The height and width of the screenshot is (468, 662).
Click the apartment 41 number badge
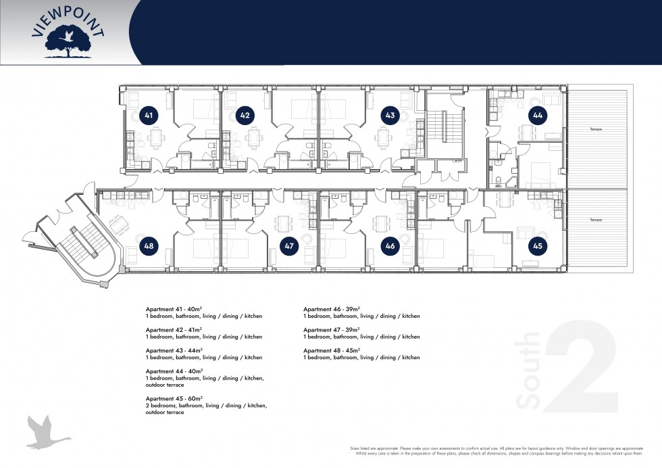click(149, 116)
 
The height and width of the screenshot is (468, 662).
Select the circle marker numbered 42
click(245, 116)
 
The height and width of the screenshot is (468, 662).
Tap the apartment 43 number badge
click(390, 116)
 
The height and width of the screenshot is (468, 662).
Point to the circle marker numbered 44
click(537, 116)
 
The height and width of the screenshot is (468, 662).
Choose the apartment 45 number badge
click(537, 246)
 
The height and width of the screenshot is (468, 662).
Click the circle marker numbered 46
click(390, 246)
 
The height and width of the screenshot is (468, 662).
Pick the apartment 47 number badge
click(289, 246)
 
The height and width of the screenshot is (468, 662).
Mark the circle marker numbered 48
click(149, 246)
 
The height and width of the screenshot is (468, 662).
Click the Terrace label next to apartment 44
click(595, 129)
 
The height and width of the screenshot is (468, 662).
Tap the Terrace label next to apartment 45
click(595, 220)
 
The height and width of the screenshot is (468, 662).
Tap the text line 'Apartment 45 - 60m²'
click(174, 398)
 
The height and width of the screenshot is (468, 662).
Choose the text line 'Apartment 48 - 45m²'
click(332, 350)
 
